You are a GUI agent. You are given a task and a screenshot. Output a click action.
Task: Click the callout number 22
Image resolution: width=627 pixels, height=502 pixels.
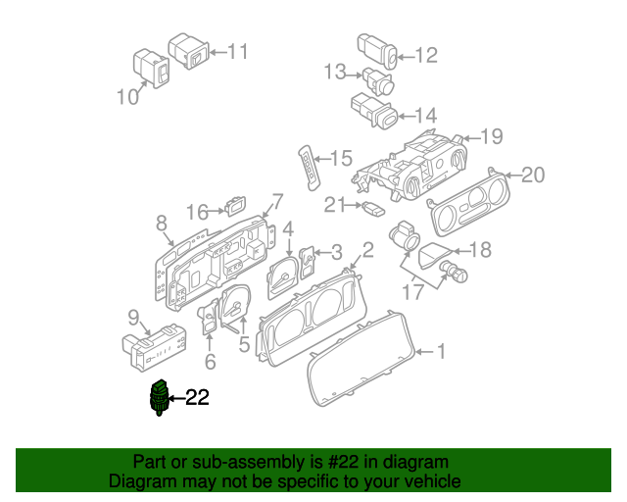click(198, 397)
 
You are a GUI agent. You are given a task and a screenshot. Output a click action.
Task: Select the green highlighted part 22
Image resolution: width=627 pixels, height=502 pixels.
click(159, 397)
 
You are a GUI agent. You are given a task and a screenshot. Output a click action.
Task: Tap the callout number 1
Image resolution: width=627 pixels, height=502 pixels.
click(441, 351)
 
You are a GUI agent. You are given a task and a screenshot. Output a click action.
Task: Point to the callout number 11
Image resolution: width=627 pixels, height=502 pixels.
click(238, 51)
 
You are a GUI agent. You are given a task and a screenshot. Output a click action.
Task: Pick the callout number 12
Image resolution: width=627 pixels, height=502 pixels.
click(426, 56)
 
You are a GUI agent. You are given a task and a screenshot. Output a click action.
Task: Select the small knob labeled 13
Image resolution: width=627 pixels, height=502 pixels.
click(377, 80)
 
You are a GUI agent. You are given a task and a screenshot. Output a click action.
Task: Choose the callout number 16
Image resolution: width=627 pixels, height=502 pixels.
click(198, 212)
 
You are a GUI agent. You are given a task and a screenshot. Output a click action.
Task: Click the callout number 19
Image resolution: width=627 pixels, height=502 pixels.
click(491, 136)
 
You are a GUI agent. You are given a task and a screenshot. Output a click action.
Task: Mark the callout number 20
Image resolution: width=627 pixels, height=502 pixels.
click(532, 175)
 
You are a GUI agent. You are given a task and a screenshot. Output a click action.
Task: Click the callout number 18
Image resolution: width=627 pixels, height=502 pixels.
click(481, 250)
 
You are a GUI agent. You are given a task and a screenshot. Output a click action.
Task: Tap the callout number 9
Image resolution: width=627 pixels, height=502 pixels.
click(132, 316)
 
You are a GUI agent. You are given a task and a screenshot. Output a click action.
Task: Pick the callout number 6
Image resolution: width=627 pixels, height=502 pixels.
click(209, 363)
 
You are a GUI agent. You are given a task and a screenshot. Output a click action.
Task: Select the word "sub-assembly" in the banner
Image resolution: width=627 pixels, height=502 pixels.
click(216, 463)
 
